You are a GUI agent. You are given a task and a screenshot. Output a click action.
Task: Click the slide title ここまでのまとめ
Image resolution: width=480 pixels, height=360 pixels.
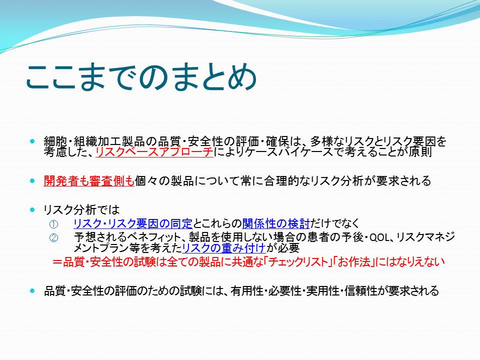pyautogui.click(x=141, y=77)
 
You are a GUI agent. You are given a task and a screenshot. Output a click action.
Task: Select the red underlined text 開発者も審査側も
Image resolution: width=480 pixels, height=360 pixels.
pyautogui.click(x=89, y=181)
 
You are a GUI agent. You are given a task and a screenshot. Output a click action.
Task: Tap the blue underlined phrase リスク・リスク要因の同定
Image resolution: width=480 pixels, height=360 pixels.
pyautogui.click(x=133, y=224)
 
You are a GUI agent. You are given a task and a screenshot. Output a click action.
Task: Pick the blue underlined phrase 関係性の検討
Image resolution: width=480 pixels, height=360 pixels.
pyautogui.click(x=276, y=224)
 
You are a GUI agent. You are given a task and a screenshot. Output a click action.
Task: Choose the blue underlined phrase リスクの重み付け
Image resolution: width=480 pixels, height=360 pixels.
pyautogui.click(x=224, y=248)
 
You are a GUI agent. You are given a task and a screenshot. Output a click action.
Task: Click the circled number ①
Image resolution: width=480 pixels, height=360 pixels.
pyautogui.click(x=53, y=224)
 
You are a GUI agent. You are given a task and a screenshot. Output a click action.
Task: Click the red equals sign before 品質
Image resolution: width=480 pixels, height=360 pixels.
pyautogui.click(x=57, y=262)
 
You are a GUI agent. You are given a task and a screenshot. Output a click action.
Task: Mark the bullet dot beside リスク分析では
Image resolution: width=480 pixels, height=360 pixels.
pyautogui.click(x=32, y=209)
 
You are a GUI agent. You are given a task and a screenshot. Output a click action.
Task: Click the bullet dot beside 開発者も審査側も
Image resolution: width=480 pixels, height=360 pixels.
pyautogui.click(x=32, y=180)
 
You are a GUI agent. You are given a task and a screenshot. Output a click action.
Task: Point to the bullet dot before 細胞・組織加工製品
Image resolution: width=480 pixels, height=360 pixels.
pyautogui.click(x=32, y=141)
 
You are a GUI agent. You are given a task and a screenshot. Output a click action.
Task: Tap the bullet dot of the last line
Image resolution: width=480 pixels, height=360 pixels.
pyautogui.click(x=32, y=291)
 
